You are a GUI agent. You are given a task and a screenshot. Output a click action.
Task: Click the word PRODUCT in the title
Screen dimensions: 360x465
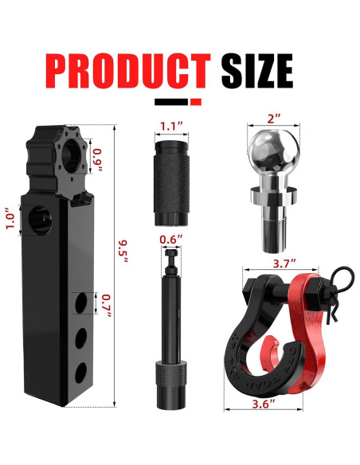point(128,71)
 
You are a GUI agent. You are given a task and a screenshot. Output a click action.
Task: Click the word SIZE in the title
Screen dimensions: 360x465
point(257,71)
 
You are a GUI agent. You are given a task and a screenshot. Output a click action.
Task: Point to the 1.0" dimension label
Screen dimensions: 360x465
point(10,221)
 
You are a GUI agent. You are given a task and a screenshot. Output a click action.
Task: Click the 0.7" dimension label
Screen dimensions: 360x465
point(106,306)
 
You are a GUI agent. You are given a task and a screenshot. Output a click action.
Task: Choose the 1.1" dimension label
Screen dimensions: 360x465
point(171,126)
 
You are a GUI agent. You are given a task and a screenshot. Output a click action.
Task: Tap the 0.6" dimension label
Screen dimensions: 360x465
point(170,240)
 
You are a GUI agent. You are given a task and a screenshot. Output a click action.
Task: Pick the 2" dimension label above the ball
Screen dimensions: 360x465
point(274,119)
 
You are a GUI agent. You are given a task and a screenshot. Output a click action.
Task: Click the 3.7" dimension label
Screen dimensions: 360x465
point(284,263)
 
